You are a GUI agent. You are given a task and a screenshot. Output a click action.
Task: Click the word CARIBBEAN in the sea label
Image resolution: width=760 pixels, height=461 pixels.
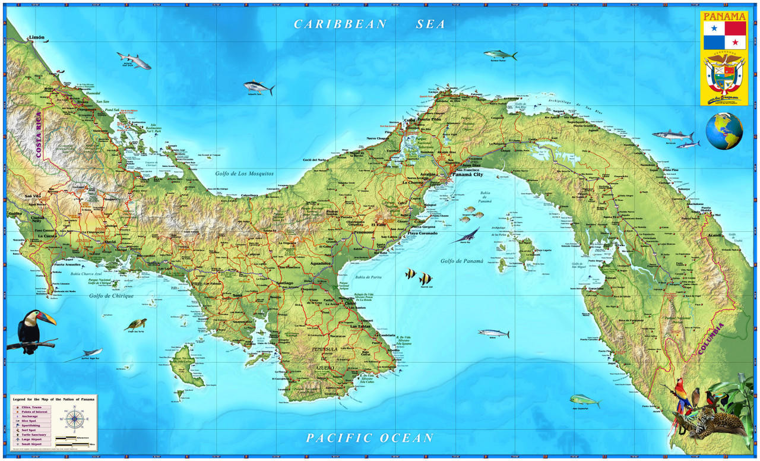pyautogui.click(x=340, y=24)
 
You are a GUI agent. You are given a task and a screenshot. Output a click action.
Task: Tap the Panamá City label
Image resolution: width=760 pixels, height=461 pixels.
pyautogui.click(x=467, y=175)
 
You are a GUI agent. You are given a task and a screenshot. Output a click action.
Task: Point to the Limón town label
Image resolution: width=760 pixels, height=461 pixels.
pyautogui.click(x=36, y=38)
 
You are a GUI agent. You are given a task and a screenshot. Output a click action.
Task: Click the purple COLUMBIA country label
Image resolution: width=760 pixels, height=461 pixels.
pyautogui.click(x=711, y=339)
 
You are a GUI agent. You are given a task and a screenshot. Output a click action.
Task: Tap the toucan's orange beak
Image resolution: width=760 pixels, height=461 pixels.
pyautogui.click(x=47, y=319)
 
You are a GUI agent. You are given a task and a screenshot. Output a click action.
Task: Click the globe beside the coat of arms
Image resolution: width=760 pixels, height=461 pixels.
pyautogui.click(x=724, y=131)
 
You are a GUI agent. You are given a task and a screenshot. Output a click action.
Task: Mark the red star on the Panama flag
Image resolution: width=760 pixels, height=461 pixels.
pyautogui.click(x=735, y=43)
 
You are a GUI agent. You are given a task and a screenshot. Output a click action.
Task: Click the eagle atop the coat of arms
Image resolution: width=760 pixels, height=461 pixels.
pyautogui.click(x=724, y=59)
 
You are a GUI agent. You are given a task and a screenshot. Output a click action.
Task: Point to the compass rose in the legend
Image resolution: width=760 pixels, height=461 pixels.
pyautogui.click(x=75, y=419)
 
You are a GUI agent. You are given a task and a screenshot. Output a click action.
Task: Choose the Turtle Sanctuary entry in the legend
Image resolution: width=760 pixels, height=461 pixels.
pyautogui.click(x=33, y=434)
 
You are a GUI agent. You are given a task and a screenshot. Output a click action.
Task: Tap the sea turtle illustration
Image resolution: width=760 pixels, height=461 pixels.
pyautogui.click(x=136, y=324)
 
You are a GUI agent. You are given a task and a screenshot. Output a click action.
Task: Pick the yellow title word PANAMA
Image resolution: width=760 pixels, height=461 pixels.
pyautogui.click(x=724, y=16)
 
